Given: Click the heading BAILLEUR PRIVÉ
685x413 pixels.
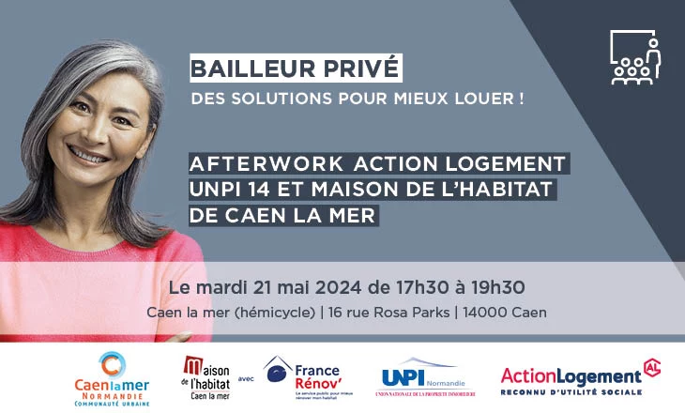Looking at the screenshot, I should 296,69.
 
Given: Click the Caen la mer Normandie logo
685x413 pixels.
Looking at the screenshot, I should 111,376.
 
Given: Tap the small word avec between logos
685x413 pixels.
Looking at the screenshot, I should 246,379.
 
